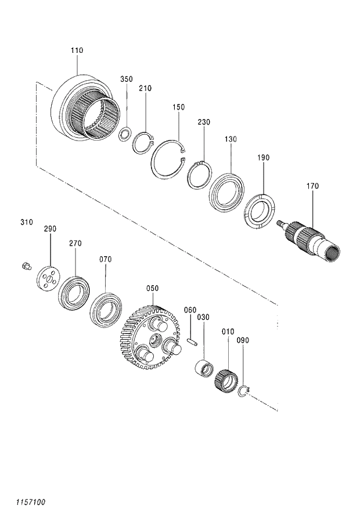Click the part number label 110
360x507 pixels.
click(77, 51)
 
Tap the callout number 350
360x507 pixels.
click(127, 79)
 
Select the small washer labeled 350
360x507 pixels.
click(124, 135)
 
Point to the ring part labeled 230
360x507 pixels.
click(199, 174)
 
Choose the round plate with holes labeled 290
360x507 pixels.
click(48, 276)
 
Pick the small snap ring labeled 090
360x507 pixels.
click(244, 393)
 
